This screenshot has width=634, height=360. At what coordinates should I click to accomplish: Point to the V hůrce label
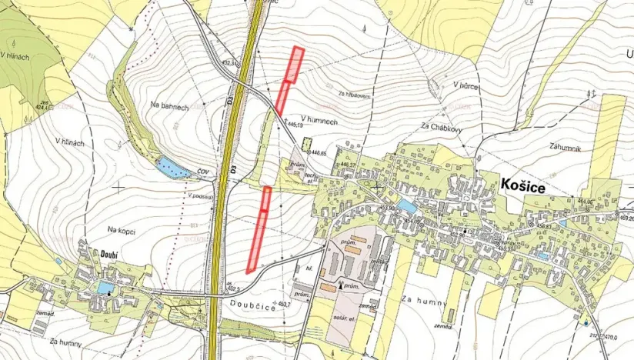click(x=465, y=85)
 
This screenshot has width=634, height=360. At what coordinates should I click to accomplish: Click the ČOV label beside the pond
click(x=202, y=172)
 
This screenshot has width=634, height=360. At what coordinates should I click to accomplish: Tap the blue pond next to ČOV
click(x=171, y=167)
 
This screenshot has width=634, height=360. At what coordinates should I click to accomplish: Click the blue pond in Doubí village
click(x=105, y=288)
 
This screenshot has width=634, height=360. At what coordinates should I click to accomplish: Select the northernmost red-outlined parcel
click(x=295, y=64)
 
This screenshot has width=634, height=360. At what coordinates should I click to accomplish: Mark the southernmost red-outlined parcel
click(x=255, y=242)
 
